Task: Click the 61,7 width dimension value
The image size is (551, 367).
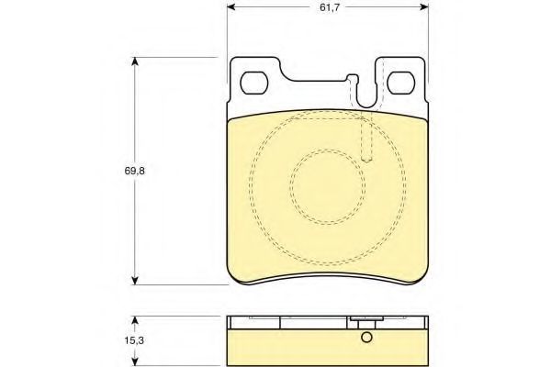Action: coord(330,7)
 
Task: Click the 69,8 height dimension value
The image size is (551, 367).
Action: coord(135,171)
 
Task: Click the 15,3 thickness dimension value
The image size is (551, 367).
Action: coord(134,340)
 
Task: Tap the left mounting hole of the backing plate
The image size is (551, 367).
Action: coord(254,83)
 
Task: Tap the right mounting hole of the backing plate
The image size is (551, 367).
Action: coord(401,83)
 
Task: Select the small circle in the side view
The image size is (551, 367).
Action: coord(366,338)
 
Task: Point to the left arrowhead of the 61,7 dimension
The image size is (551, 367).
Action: coord(231,7)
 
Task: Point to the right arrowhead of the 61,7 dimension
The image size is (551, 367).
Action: coord(424,7)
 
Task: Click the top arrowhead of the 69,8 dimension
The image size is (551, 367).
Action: coord(135,61)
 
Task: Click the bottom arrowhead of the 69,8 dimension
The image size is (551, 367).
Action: coord(135,280)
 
